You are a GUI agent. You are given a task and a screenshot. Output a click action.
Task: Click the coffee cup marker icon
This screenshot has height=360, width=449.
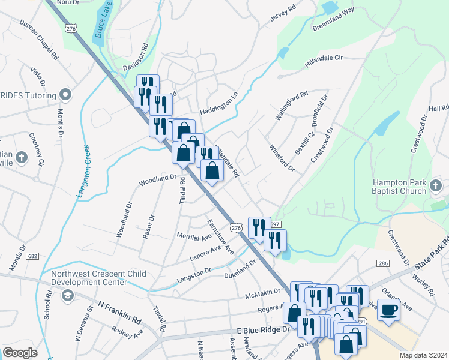coord(388,310)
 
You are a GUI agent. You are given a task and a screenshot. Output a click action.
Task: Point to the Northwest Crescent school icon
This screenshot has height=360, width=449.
coord(67,295)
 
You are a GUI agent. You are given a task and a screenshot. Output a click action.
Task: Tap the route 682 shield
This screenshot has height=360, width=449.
coord(32,256)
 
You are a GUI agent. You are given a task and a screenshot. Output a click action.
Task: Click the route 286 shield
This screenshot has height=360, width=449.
coord(382,263)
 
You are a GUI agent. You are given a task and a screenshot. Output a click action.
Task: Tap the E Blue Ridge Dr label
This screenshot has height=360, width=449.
coord(263,331)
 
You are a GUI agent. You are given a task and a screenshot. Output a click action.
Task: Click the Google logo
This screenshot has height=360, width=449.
coord(20,353)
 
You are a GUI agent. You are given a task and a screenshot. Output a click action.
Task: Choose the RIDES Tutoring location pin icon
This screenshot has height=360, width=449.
coord(65,95)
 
